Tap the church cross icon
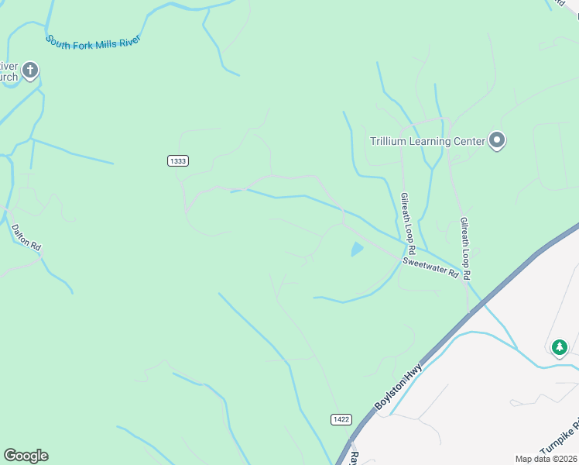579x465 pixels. [x=30, y=71]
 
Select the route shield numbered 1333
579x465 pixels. [x=177, y=160]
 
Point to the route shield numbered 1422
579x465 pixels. [x=341, y=419]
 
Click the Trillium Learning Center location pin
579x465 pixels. [x=497, y=141]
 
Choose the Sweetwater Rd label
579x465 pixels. [x=430, y=268]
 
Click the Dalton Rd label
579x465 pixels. [x=26, y=236]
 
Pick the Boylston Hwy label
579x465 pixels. [x=398, y=387]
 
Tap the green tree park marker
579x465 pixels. [x=560, y=348]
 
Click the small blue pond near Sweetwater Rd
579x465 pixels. [x=357, y=250]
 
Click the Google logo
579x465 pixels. [x=26, y=456]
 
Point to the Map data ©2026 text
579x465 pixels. [x=546, y=459]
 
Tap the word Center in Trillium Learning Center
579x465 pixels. [x=468, y=141]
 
